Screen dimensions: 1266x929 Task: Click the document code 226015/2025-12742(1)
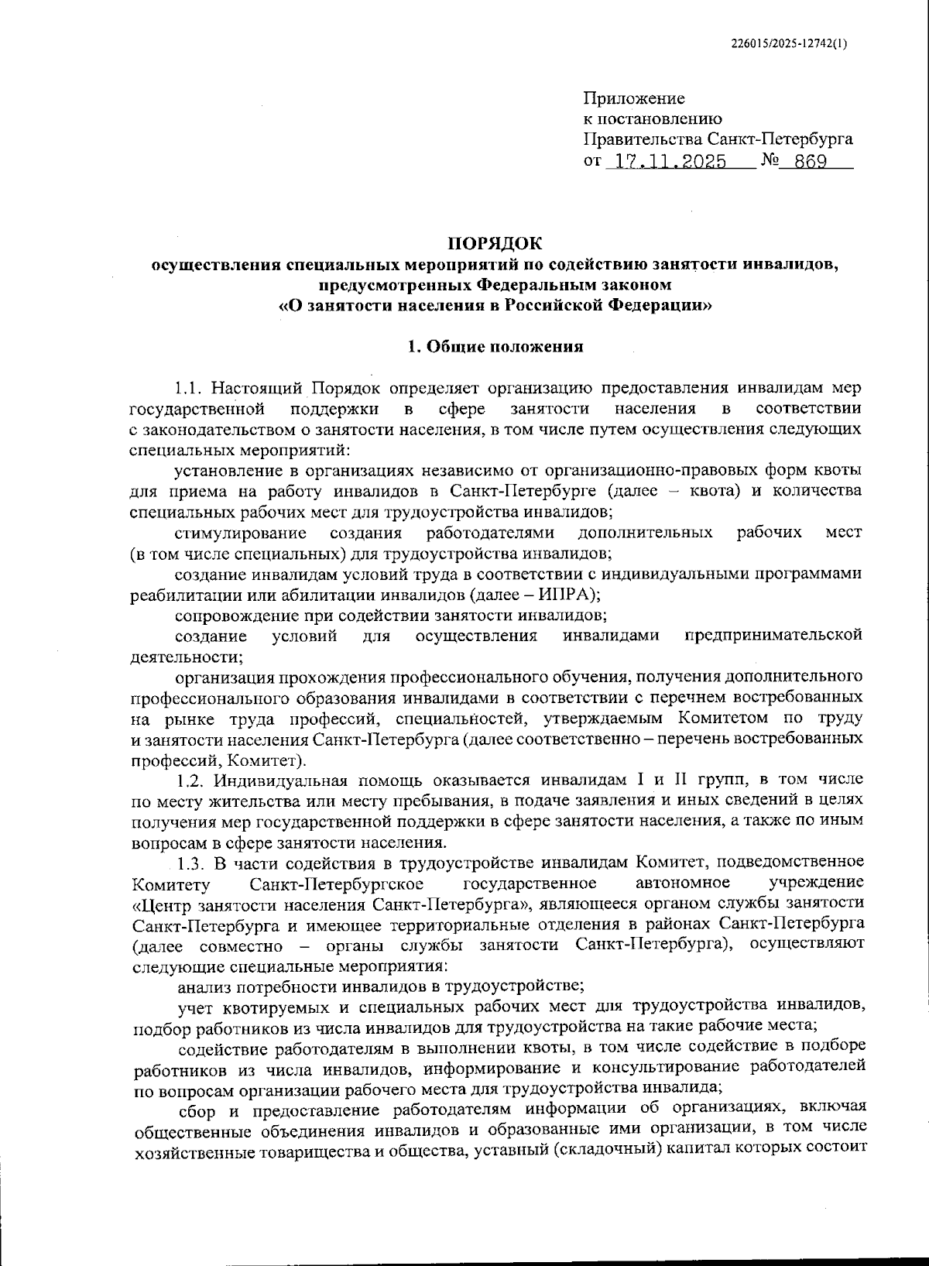click(789, 44)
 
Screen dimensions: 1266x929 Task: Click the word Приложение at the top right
click(633, 98)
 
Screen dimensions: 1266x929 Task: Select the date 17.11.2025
click(667, 162)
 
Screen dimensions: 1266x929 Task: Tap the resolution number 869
click(806, 162)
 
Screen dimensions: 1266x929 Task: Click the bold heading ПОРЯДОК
click(495, 244)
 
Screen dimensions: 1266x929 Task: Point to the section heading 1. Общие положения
click(495, 346)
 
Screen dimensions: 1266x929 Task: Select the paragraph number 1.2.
click(190, 780)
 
